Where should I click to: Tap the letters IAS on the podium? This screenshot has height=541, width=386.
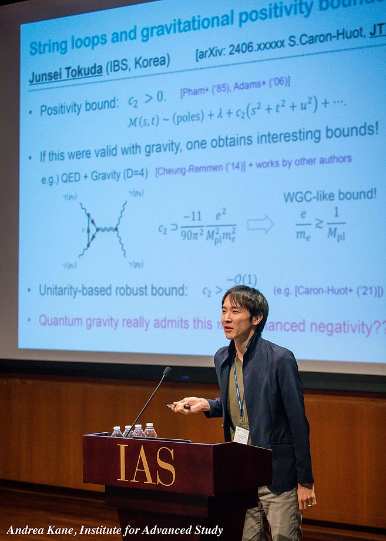[x=146, y=464]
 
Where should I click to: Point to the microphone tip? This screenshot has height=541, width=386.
[x=167, y=371]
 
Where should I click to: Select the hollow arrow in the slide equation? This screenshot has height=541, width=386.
[x=260, y=223]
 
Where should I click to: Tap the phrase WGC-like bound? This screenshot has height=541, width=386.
[x=330, y=196]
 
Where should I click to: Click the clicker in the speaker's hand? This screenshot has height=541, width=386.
[x=177, y=406]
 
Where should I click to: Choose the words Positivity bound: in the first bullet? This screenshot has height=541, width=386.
[x=79, y=107]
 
